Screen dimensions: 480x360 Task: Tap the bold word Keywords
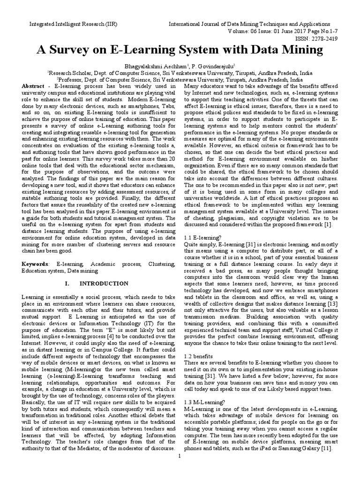click(x=36, y=265)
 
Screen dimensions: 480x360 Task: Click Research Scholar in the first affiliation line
click(x=68, y=73)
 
